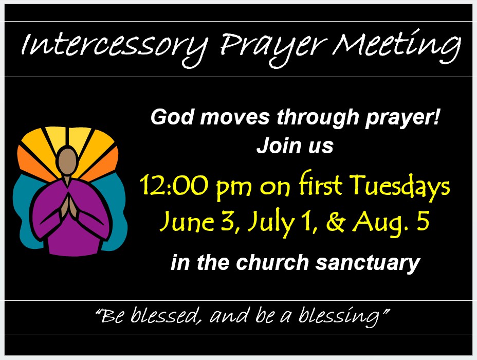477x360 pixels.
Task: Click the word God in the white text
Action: pos(172,117)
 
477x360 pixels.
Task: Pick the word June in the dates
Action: pos(187,221)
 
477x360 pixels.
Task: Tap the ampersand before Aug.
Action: pos(336,221)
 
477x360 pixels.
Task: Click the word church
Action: pos(273,262)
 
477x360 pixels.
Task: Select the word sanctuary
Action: pos(368,263)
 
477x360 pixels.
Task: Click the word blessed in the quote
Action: pos(164,315)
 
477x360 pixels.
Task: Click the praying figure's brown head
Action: pos(67,161)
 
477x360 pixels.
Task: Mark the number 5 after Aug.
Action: pos(423,221)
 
